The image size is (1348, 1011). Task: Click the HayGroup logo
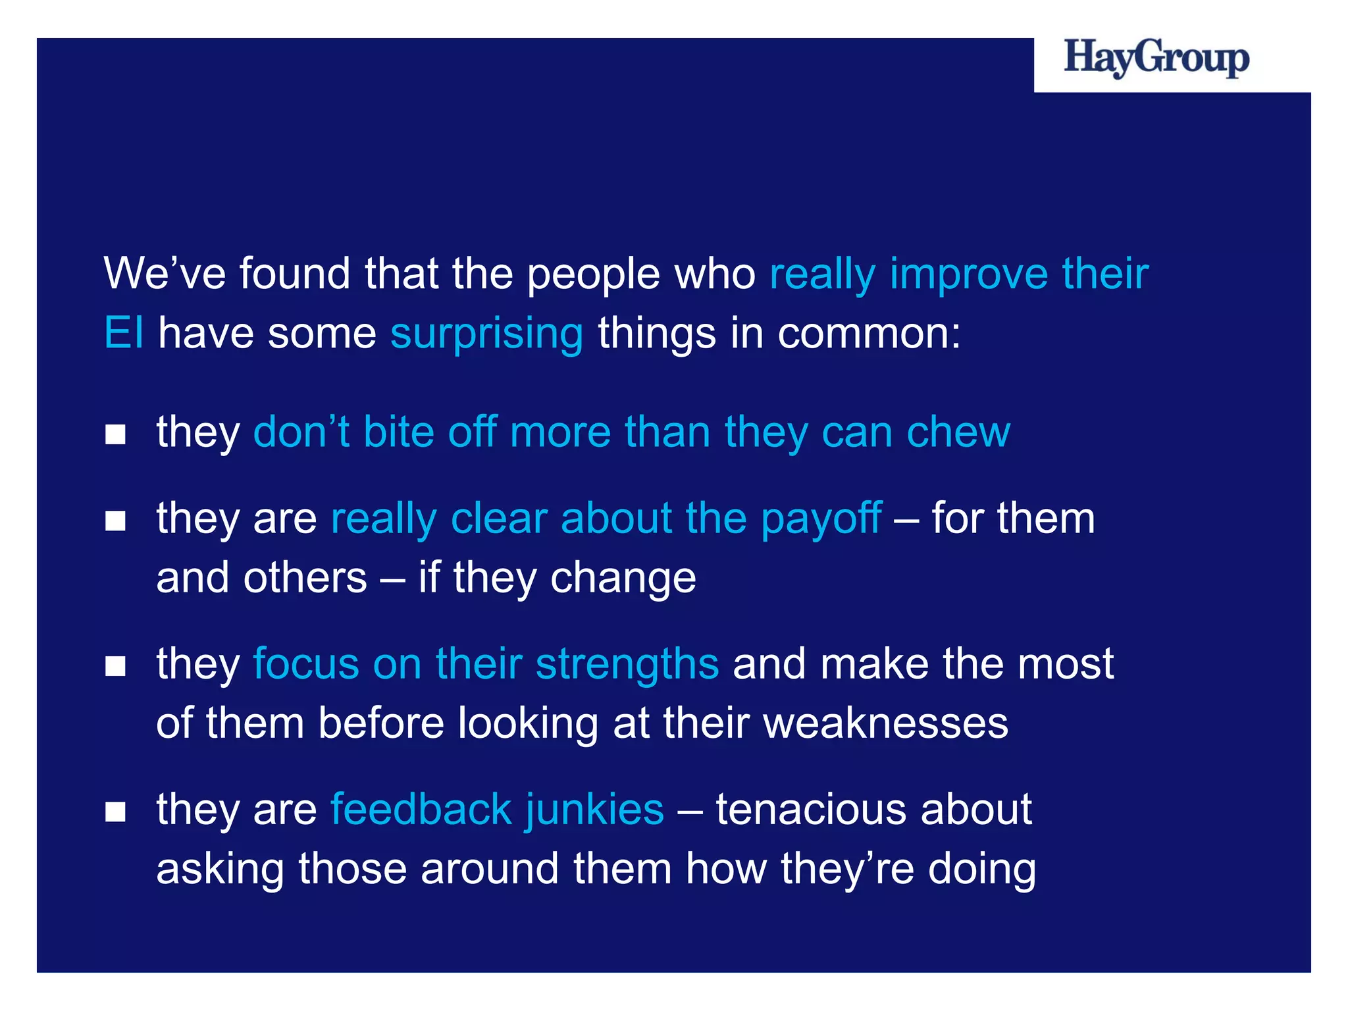coord(1156,59)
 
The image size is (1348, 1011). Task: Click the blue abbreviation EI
coord(123,333)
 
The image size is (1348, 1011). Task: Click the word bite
coord(398,432)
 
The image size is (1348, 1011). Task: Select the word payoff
coord(821,519)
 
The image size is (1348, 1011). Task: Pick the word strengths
coord(627,665)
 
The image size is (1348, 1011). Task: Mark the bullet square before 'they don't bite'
coord(115,434)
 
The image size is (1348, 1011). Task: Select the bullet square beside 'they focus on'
coord(115,666)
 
